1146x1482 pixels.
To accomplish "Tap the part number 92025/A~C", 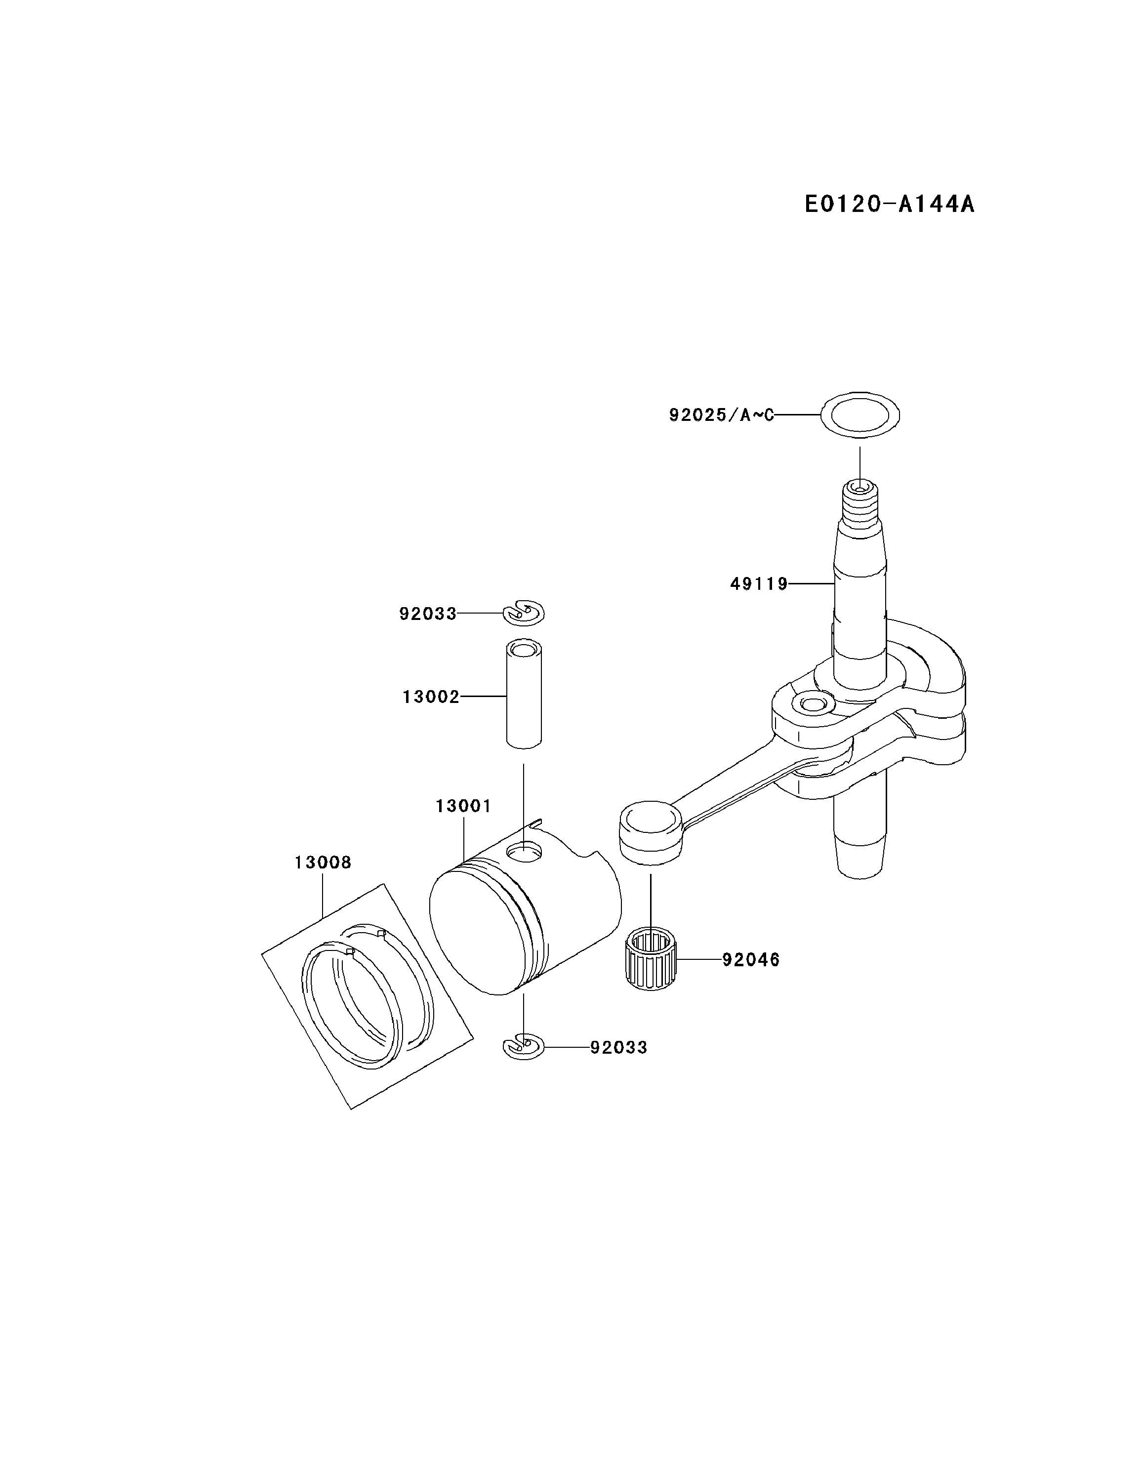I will coord(721,414).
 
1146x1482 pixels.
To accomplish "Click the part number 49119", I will coord(759,583).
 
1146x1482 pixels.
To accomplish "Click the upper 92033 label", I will coord(427,614).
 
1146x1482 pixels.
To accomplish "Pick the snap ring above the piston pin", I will coord(524,613).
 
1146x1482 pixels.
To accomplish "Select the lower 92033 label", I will coord(618,1047).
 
